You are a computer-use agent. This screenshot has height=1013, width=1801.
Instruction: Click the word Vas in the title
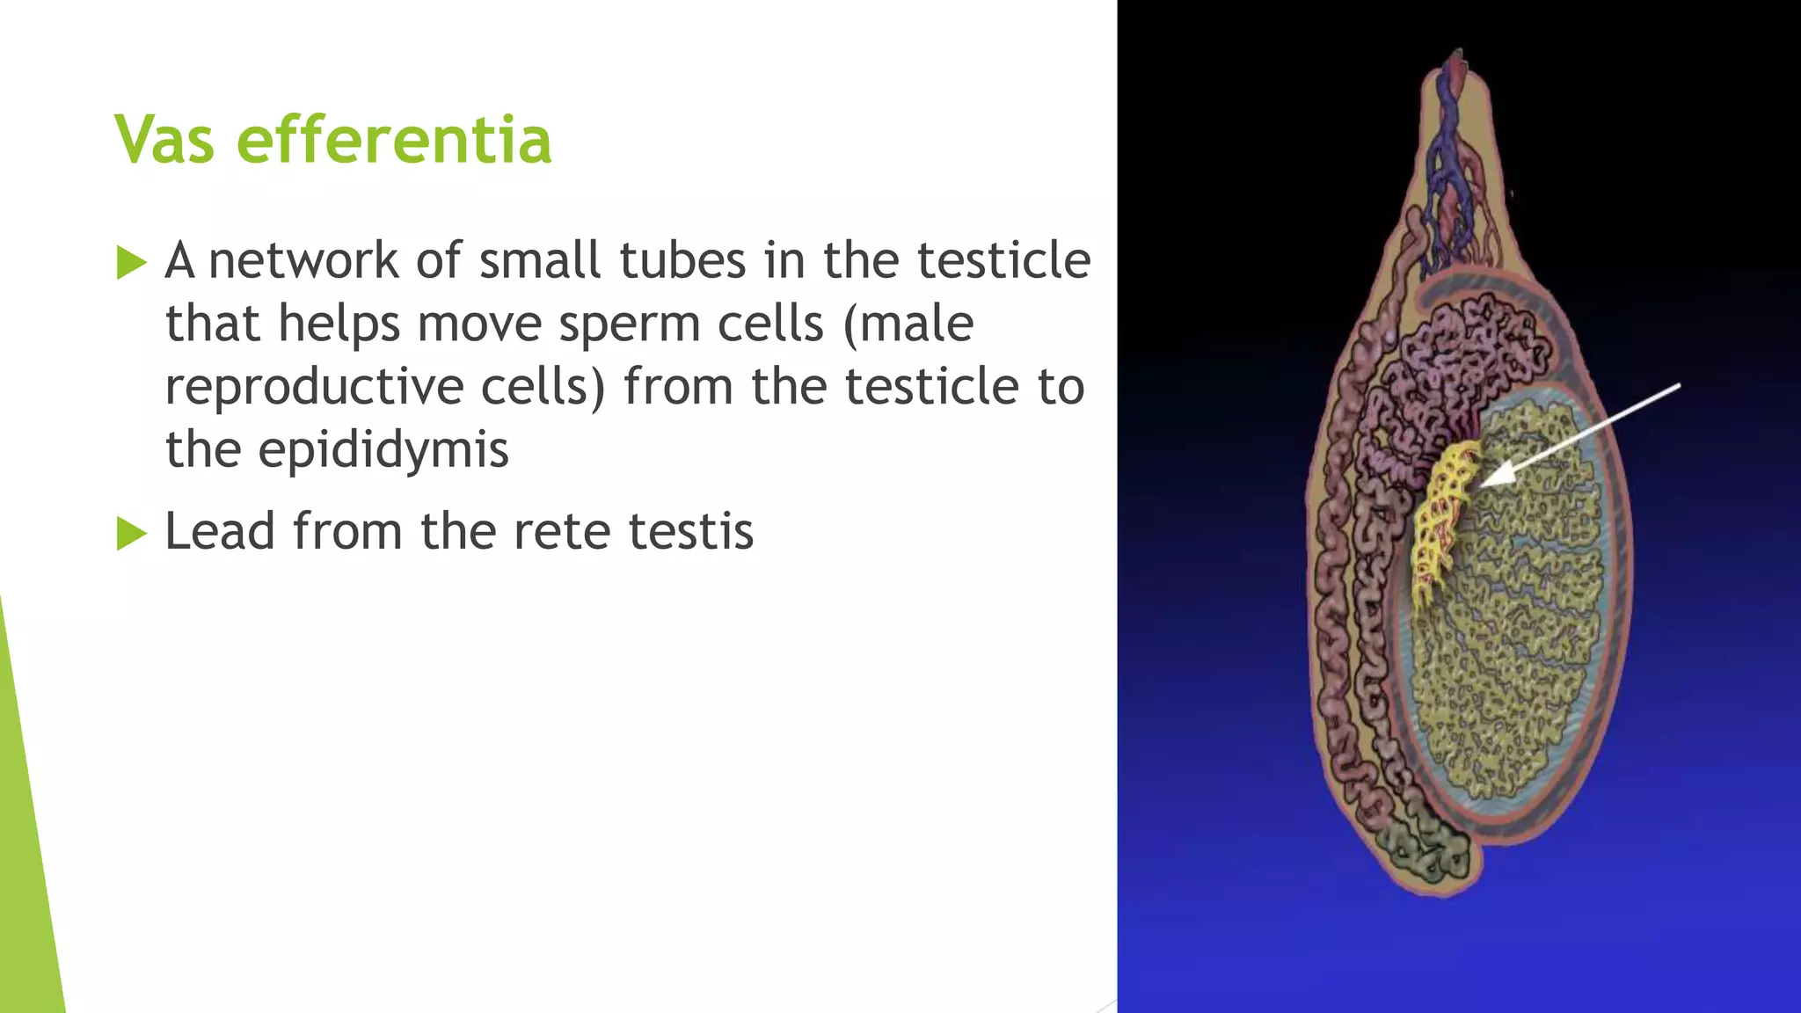(x=164, y=139)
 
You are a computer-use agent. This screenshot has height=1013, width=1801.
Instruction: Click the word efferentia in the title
(x=394, y=139)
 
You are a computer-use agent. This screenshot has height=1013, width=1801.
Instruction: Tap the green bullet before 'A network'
(x=131, y=262)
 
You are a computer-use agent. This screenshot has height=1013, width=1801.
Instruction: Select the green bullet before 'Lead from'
(x=131, y=533)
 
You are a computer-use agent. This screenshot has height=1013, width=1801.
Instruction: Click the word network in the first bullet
(x=303, y=261)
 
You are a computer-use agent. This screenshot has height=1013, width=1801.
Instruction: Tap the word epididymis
(x=383, y=450)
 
